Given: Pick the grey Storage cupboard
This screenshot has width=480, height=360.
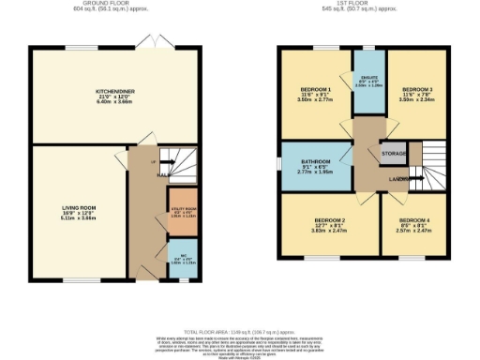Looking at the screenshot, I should pyautogui.click(x=391, y=152).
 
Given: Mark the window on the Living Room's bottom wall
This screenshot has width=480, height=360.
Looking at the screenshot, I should pyautogui.click(x=77, y=278).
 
